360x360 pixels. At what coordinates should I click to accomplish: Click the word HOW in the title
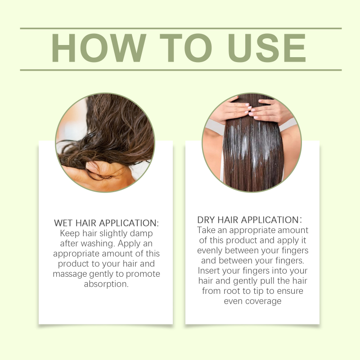99,48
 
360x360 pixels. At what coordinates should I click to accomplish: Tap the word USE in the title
266,48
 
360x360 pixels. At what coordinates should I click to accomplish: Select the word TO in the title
185,48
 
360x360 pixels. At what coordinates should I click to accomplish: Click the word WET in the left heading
63,223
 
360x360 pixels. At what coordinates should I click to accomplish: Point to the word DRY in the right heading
206,220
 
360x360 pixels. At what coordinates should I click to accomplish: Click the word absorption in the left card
106,284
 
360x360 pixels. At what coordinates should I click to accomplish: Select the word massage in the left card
70,274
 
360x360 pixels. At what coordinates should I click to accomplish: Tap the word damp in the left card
141,234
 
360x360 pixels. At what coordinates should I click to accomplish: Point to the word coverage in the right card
263,301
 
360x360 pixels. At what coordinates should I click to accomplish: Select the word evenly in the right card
210,251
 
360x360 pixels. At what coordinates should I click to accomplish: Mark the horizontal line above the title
181,28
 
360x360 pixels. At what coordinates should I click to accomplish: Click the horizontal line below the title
181,70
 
